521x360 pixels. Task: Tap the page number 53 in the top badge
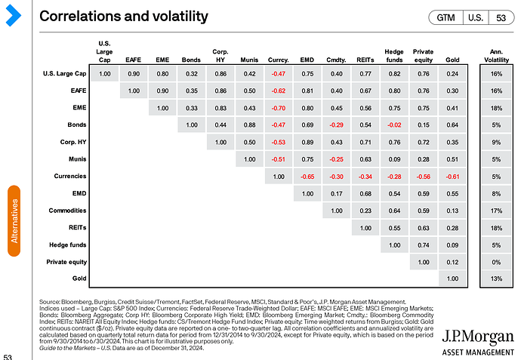pyautogui.click(x=500, y=17)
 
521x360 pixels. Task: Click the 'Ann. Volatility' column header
pyautogui.click(x=495, y=54)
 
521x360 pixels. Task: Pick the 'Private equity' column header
pyautogui.click(x=423, y=54)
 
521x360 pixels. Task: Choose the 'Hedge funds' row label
pyautogui.click(x=66, y=245)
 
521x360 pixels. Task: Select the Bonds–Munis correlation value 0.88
pyautogui.click(x=249, y=125)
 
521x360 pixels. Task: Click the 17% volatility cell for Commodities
pyautogui.click(x=495, y=211)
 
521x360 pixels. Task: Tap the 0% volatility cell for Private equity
pyautogui.click(x=495, y=262)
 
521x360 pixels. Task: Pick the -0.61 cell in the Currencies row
pyautogui.click(x=452, y=176)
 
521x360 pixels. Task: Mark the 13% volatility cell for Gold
pyautogui.click(x=495, y=279)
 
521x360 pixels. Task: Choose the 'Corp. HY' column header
pyautogui.click(x=220, y=54)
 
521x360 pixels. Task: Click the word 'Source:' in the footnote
pyautogui.click(x=51, y=303)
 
